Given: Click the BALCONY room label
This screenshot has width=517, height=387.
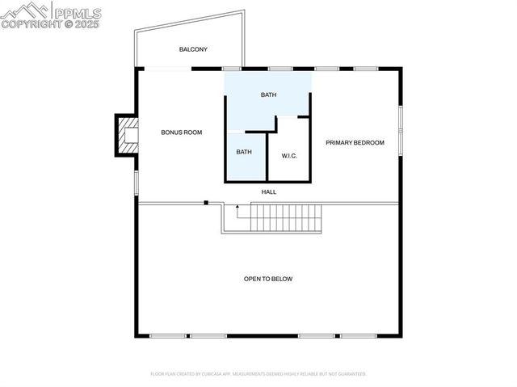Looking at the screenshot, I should [x=193, y=49].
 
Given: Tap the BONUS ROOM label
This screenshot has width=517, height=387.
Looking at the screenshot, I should [x=181, y=132].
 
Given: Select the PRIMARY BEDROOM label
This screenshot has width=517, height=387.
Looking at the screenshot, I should [x=355, y=142].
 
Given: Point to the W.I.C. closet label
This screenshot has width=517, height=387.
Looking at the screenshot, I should [x=289, y=155].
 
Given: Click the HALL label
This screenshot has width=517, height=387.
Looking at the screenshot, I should [x=269, y=191].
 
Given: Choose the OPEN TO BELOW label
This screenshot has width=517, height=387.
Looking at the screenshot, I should [x=268, y=279].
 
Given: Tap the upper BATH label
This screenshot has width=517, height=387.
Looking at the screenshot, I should [x=268, y=95].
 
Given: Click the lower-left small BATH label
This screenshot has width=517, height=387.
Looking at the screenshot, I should [x=244, y=151].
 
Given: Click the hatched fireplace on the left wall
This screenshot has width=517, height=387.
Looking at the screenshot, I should [x=126, y=135].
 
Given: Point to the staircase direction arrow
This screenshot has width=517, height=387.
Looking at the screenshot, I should [x=237, y=212].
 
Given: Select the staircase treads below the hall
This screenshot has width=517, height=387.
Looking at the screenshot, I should [x=286, y=217].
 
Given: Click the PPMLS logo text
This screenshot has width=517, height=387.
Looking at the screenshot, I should [x=77, y=12].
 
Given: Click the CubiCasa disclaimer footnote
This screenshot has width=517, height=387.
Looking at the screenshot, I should [x=258, y=374].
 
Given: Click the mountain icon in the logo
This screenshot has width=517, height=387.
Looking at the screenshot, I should [x=24, y=11].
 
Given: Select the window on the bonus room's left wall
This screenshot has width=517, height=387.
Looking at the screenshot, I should [x=136, y=182].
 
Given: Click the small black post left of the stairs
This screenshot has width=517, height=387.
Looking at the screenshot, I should [x=206, y=202].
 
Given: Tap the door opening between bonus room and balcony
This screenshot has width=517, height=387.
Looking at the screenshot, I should [x=167, y=69].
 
